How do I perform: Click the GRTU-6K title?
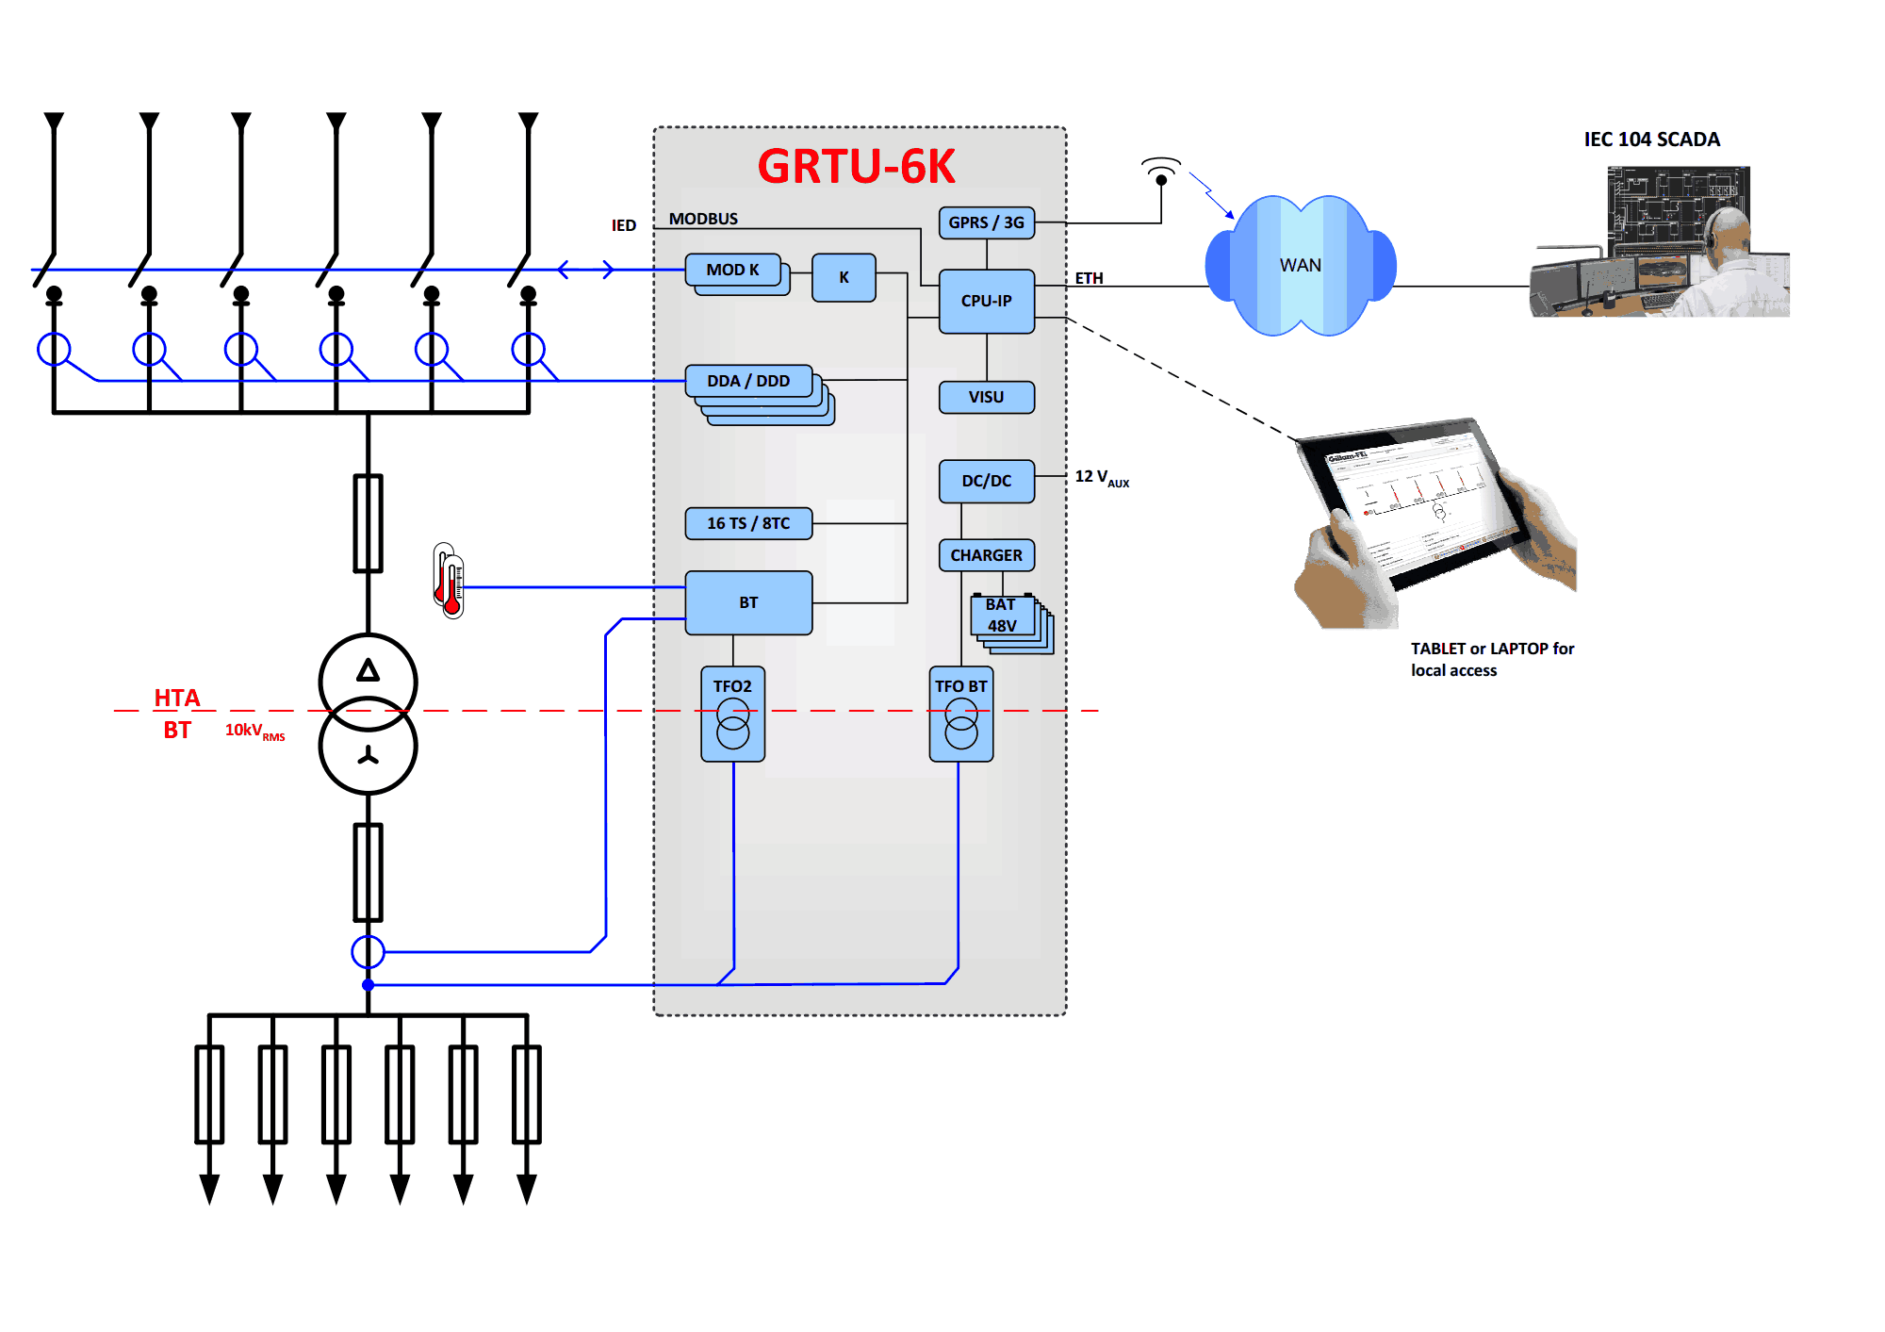(x=856, y=166)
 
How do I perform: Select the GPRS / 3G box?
(x=986, y=222)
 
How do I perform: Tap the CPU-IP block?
(x=986, y=301)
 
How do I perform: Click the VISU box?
(x=986, y=397)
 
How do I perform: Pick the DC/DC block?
(x=986, y=481)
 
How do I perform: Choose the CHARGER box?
(x=986, y=555)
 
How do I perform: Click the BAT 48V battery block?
(x=1003, y=616)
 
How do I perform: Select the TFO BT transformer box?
(x=960, y=714)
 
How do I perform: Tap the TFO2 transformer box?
(x=732, y=714)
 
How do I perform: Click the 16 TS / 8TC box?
(x=748, y=523)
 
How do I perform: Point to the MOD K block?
(x=733, y=271)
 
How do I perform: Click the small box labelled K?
(x=844, y=277)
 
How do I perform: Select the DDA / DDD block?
(x=749, y=382)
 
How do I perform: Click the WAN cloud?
(x=1300, y=266)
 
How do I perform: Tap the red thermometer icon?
(x=450, y=580)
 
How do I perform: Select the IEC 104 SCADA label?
(x=1651, y=140)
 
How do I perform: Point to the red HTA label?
(x=177, y=698)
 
